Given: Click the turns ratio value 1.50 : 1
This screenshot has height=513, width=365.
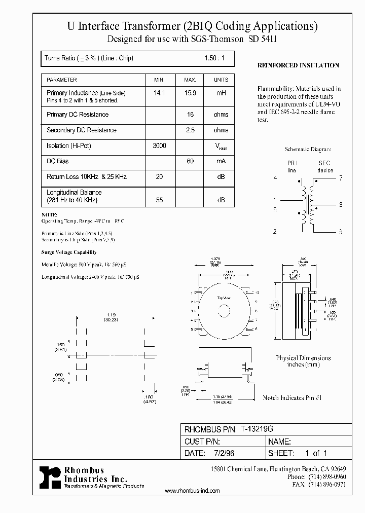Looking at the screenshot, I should pos(214,58).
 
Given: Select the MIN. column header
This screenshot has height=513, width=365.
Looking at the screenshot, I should pos(160,80).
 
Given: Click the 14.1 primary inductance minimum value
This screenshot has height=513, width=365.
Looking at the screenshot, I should pos(160,93).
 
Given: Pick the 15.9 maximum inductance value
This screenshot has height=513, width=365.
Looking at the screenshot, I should pos(190,93).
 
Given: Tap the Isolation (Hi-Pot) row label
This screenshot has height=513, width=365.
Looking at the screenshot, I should pos(69,146).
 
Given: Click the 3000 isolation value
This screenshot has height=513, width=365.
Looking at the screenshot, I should pos(159,146).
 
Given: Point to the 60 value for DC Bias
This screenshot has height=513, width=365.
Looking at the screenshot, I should pos(190,161).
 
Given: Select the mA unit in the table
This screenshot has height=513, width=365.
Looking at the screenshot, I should pos(221,161).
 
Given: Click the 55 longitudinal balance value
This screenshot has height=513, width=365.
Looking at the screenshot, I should pos(160,200).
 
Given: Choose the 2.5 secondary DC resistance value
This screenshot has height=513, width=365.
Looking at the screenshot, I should pos(190,130).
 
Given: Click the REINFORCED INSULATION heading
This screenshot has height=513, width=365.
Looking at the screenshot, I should pos(298,65).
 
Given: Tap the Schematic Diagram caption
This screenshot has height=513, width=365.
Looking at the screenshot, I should pos(308,150).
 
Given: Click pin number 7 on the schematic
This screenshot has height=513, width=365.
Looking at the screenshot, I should pos(341,178).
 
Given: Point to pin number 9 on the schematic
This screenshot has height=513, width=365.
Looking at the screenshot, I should pos(341,231).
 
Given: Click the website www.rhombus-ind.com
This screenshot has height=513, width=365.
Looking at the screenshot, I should pos(193,491).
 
